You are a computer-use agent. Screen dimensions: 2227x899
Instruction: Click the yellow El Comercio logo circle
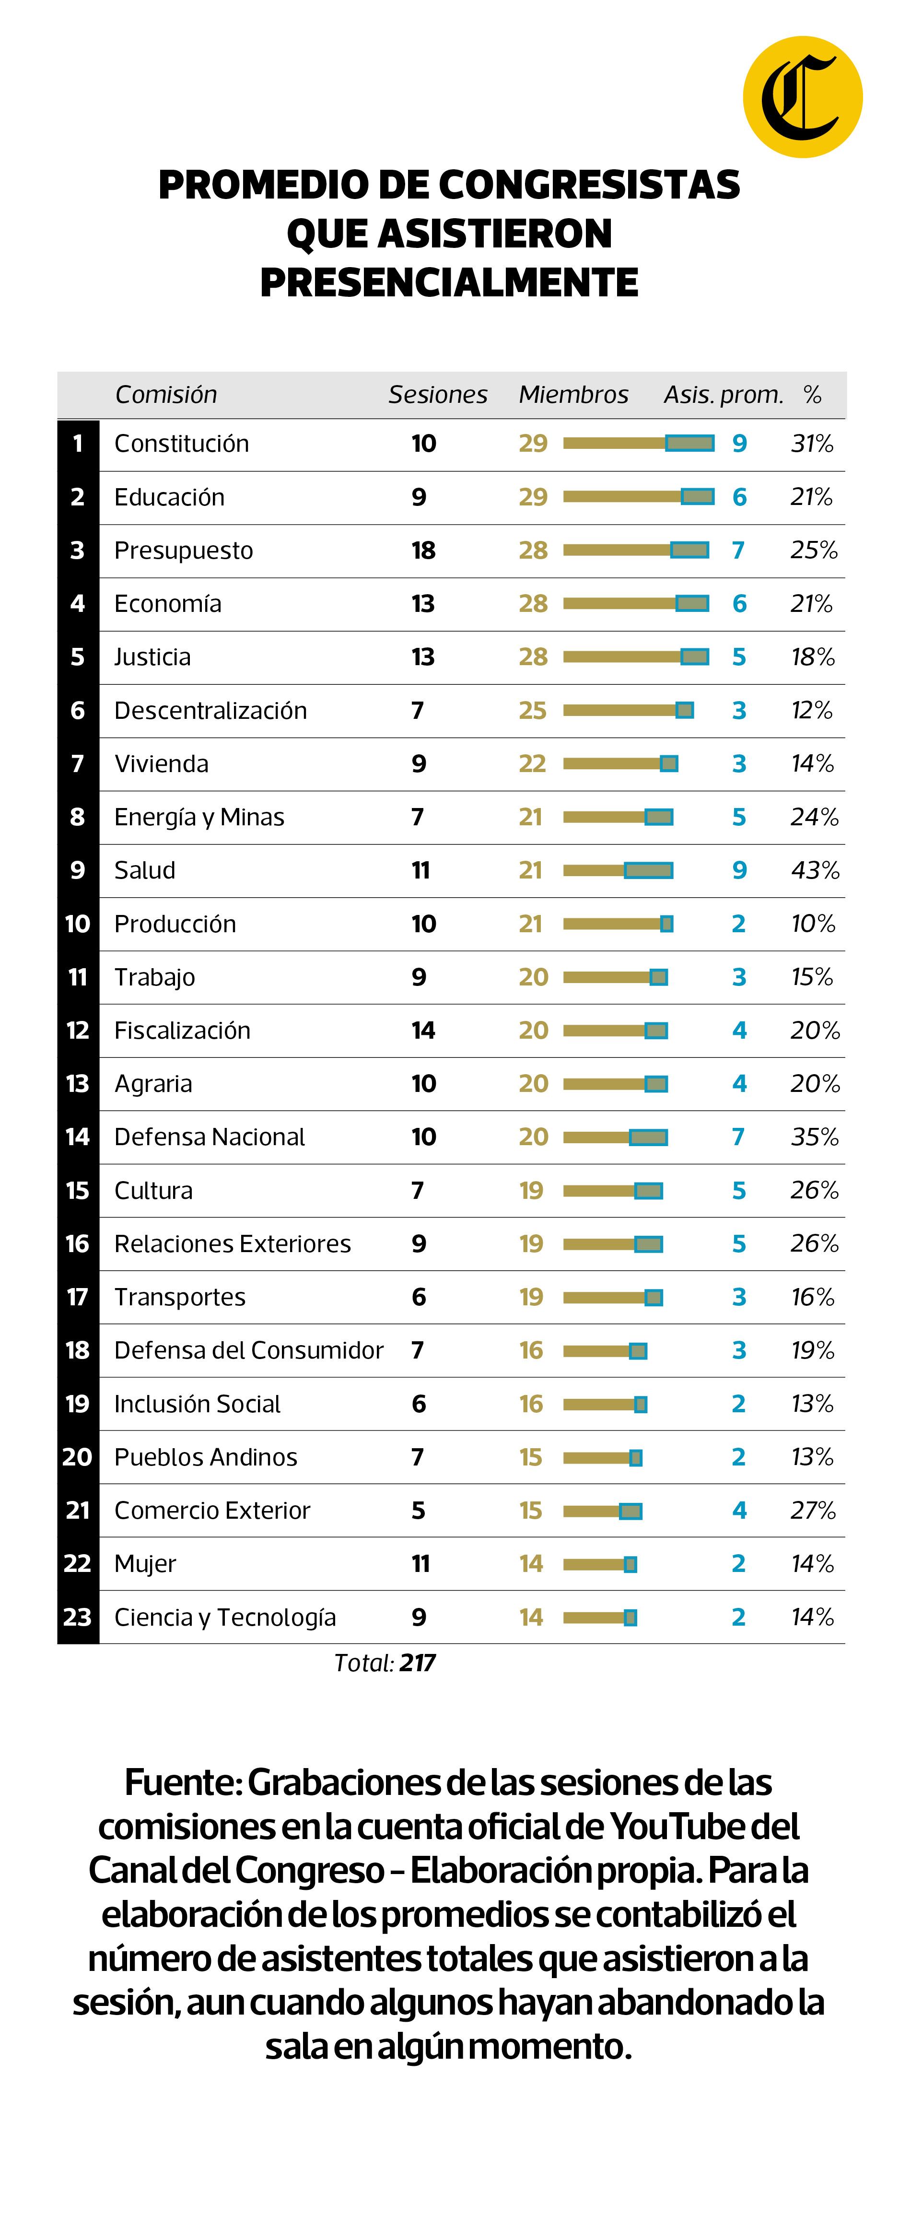802,97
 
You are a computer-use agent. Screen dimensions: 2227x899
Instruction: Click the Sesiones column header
437,395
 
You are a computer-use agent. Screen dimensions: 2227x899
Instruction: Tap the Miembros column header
573,395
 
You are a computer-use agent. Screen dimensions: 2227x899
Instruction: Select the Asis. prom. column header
723,395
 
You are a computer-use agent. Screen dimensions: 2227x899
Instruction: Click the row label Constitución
182,444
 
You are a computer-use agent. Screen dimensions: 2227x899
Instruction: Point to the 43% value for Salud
814,870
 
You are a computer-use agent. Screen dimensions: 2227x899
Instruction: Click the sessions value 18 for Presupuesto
423,551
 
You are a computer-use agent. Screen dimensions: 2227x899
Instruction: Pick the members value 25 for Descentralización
533,711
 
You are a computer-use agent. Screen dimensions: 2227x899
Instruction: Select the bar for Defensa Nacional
615,1137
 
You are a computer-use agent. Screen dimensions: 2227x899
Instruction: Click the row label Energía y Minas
199,817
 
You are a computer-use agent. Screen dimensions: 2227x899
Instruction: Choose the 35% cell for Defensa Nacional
814,1137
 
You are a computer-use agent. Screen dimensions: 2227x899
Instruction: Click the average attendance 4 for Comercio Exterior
739,1510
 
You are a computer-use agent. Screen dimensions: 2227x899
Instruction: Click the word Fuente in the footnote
182,1782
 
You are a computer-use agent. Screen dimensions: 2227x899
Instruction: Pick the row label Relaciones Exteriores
233,1244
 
